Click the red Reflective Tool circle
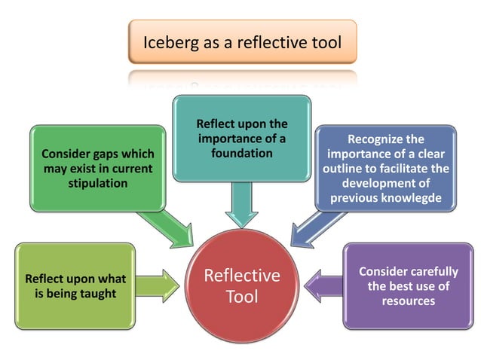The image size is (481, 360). (x=241, y=285)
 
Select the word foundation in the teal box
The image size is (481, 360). (x=241, y=153)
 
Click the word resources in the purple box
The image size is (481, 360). (x=408, y=301)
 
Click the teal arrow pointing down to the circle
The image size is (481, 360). (x=241, y=203)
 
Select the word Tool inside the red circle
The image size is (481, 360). (x=241, y=297)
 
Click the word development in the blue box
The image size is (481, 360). (x=375, y=183)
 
